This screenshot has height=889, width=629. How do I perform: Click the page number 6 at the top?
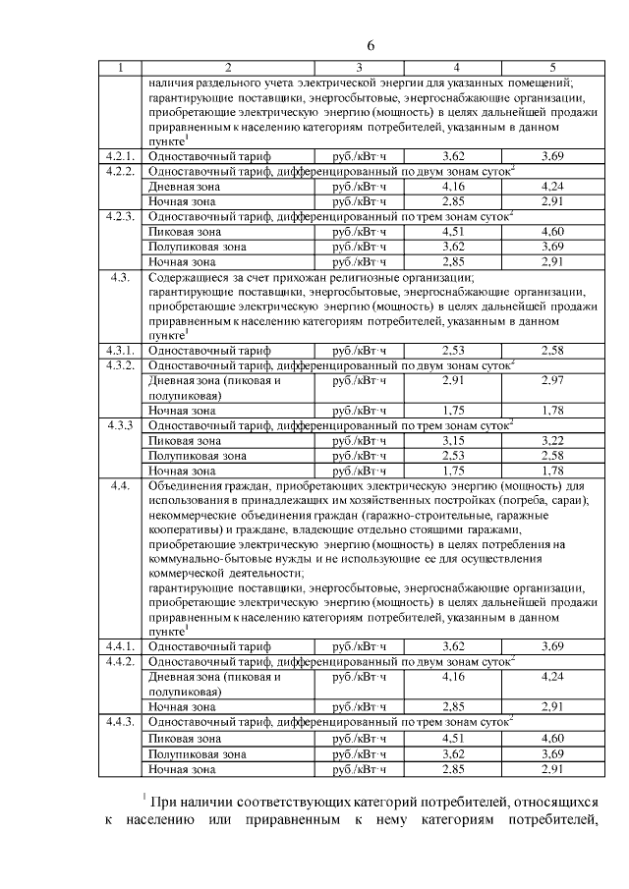click(372, 45)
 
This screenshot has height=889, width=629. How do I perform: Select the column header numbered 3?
click(358, 68)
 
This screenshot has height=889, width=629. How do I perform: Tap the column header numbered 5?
click(552, 68)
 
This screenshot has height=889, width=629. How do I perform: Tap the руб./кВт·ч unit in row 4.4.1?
click(360, 646)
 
